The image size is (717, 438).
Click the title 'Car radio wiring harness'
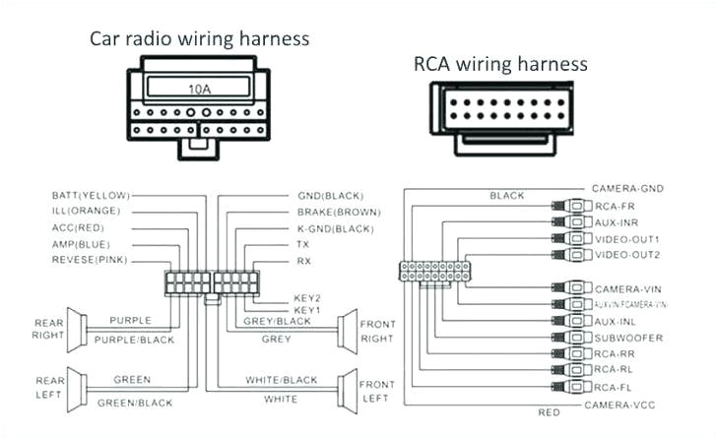pos(200,38)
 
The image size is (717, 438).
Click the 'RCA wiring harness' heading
pos(500,64)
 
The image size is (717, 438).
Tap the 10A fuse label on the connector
pos(199,90)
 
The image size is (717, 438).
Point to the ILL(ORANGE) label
pos(86,211)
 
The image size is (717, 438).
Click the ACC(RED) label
pos(78,227)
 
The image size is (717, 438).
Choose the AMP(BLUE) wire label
pos(81,243)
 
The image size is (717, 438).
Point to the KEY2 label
pos(307,296)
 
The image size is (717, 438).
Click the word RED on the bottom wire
pos(549,412)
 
